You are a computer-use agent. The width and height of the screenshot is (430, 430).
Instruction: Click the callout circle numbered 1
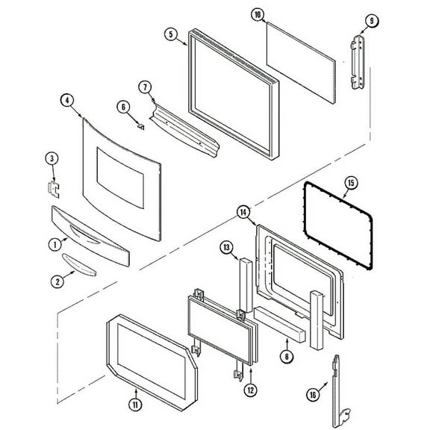point(54,243)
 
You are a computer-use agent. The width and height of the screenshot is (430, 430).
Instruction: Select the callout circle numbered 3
point(51,158)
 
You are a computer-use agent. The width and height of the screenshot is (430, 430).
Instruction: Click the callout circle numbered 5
point(171,34)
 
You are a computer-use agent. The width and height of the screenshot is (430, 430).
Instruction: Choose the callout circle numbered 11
point(135,405)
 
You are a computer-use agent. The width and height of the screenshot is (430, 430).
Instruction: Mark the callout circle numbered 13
point(226,248)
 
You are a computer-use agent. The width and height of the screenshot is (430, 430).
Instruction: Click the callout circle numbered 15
point(352,182)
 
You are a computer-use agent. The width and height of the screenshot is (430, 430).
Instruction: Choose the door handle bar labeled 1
point(90,236)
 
